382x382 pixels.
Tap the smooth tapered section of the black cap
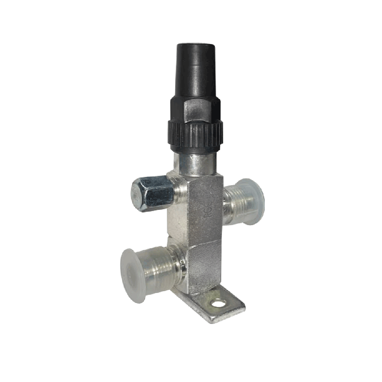pyautogui.click(x=195, y=72)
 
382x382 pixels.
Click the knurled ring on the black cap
pyautogui.click(x=195, y=134)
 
